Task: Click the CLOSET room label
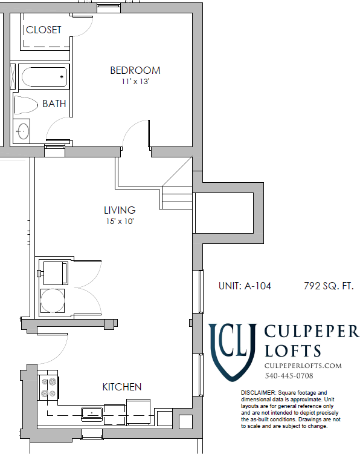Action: (44, 30)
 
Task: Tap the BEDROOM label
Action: (135, 70)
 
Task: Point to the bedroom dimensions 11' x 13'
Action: (135, 81)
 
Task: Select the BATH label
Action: (54, 104)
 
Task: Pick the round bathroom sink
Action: (22, 131)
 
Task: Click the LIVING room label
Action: (120, 210)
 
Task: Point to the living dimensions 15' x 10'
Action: (119, 222)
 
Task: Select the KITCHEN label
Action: (122, 387)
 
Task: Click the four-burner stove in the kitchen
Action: (48, 387)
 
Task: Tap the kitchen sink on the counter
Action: (92, 413)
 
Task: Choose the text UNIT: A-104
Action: (245, 286)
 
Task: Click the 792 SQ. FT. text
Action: (329, 286)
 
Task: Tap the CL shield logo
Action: (233, 348)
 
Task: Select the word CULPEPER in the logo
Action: (312, 332)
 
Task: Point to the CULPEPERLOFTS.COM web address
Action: (303, 366)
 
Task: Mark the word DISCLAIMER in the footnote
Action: (257, 393)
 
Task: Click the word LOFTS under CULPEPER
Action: (292, 350)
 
